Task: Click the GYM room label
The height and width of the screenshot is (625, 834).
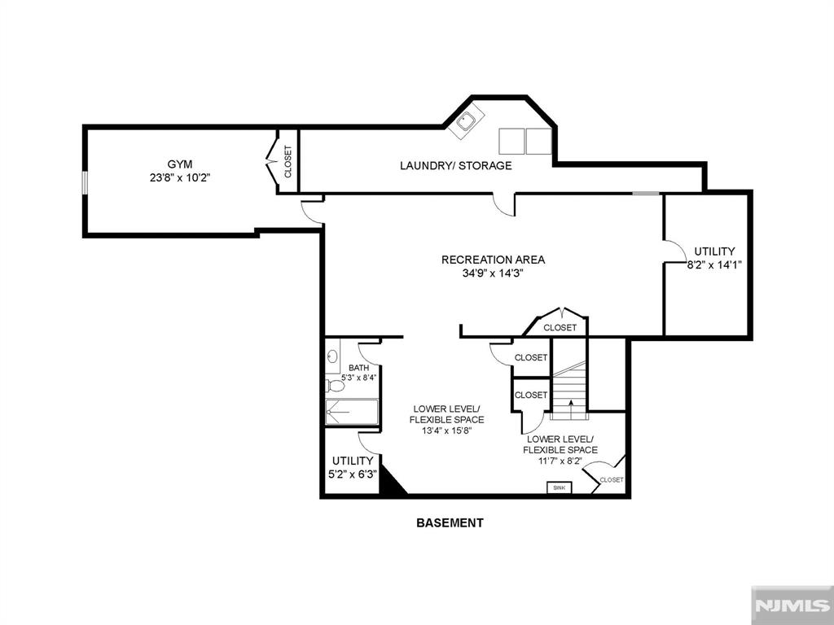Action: click(x=180, y=164)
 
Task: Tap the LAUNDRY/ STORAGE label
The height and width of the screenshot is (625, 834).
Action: click(x=455, y=166)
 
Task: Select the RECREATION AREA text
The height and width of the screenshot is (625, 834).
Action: click(x=493, y=260)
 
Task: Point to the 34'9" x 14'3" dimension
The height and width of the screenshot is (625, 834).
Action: click(x=493, y=273)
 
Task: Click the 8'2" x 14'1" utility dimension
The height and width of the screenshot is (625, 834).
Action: click(x=714, y=264)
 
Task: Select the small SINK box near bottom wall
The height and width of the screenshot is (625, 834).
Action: click(x=559, y=487)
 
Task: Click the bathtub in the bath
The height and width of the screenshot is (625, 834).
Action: click(x=352, y=413)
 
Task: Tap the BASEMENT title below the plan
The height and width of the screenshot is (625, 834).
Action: click(x=450, y=523)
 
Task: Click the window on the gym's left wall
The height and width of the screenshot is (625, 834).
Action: click(x=84, y=183)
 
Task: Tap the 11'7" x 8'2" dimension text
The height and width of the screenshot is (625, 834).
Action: click(x=560, y=461)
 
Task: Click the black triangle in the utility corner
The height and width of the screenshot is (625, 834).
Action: click(x=393, y=482)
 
